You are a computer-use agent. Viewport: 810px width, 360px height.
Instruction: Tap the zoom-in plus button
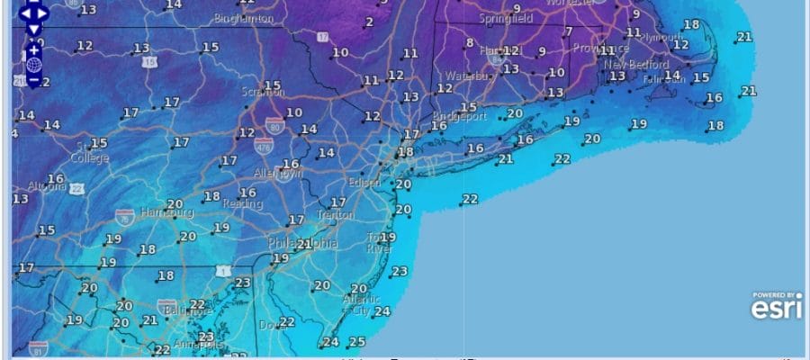point(33,50)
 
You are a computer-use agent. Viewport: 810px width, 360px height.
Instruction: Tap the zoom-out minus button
point(33,80)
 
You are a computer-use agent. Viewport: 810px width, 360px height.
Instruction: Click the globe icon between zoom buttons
point(33,66)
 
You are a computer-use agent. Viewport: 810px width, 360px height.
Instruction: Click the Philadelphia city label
point(302,244)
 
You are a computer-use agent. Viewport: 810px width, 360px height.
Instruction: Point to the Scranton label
point(263,92)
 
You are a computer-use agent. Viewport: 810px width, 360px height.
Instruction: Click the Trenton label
point(335,215)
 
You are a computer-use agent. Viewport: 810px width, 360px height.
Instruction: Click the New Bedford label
point(636,65)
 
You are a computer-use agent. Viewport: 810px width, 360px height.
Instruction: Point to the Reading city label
point(238,204)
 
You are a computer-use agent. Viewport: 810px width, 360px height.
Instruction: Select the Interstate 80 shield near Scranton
point(273,118)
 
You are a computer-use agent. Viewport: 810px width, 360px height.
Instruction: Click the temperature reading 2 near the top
point(369,22)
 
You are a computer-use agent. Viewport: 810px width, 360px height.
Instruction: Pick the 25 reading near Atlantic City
point(357,341)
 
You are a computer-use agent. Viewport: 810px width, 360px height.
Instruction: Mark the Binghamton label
point(245,18)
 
